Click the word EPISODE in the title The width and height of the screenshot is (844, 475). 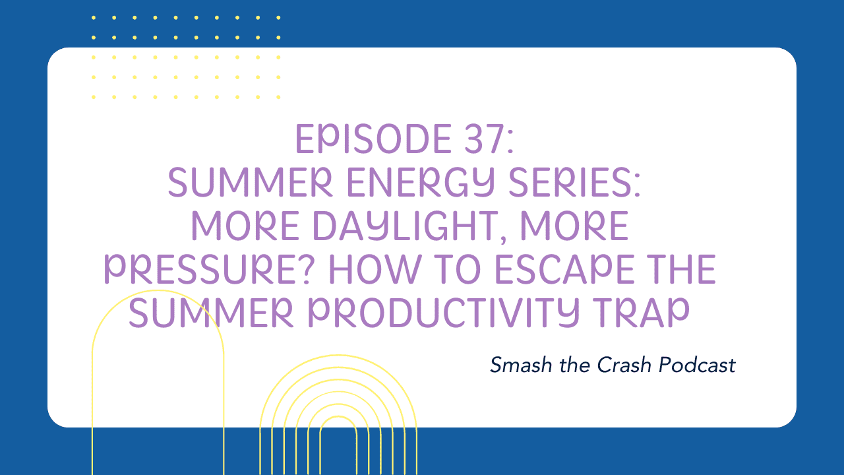tap(374, 139)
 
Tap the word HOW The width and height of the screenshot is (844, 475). tap(376, 269)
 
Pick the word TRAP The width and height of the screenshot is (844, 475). tap(641, 313)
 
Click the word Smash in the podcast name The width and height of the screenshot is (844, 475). tap(521, 365)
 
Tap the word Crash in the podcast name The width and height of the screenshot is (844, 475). tap(624, 365)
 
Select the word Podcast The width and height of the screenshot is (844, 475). tap(697, 365)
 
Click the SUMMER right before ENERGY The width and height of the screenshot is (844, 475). tap(250, 183)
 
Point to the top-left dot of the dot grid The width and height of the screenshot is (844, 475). tap(94, 18)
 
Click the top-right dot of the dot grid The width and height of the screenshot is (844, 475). tap(278, 18)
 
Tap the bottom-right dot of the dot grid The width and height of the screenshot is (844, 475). tap(278, 97)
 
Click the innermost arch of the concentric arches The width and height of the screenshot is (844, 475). tap(338, 417)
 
